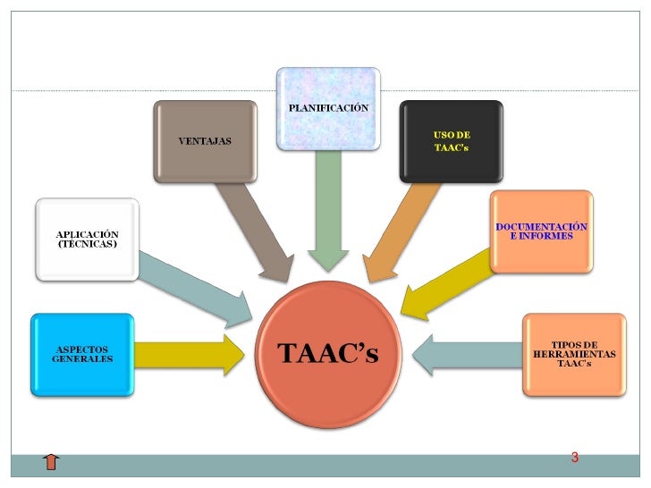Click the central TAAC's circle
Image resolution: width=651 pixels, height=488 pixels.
point(328,354)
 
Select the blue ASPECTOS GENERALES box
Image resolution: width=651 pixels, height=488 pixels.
point(82,354)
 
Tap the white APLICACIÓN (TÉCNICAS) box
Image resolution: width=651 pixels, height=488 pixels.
point(87,240)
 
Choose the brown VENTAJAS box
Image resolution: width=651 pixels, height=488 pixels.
point(205,142)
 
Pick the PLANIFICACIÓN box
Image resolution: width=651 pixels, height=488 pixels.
point(328,109)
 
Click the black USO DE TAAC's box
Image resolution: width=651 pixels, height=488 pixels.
point(451,141)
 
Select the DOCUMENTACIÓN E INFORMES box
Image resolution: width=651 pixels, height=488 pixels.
point(541,231)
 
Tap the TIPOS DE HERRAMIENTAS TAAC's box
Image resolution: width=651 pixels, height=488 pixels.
point(574,354)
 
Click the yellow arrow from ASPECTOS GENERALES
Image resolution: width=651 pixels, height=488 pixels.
point(190,354)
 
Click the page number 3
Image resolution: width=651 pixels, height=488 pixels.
point(575,459)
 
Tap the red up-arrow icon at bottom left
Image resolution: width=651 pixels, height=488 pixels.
point(51,461)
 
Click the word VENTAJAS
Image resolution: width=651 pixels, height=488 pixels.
point(205,142)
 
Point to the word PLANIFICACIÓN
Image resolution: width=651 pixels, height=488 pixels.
point(328,107)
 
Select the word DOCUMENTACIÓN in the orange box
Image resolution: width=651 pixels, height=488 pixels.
point(542,226)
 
